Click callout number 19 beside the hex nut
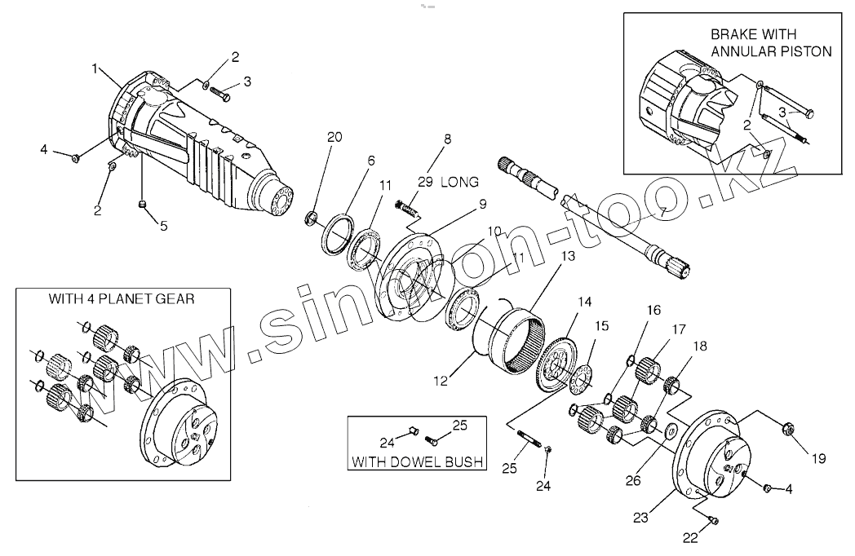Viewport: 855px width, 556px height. [818, 458]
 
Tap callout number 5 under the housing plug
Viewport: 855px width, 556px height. [163, 226]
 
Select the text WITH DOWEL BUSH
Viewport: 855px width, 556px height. [417, 462]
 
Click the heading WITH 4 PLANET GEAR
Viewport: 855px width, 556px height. [122, 298]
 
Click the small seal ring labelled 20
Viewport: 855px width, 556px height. [311, 218]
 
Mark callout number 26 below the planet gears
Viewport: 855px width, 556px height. [633, 481]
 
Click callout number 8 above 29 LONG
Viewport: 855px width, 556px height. [446, 139]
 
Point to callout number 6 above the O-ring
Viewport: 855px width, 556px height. [370, 161]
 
